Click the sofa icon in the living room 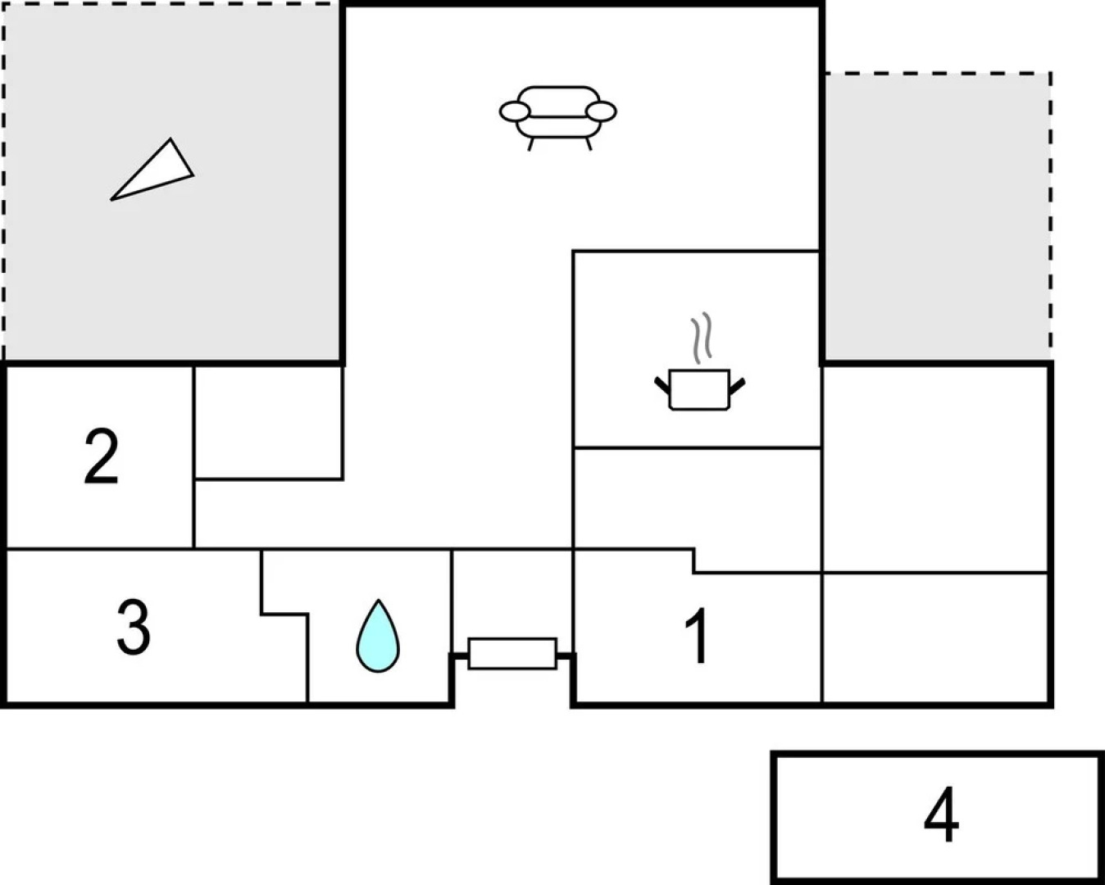click(558, 115)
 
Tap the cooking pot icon click(699, 388)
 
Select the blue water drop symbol click(378, 637)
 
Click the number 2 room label click(101, 456)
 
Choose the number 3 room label click(134, 628)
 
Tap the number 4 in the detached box click(940, 815)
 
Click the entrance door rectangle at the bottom click(512, 654)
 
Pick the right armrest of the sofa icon click(602, 111)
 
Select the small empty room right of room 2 click(269, 422)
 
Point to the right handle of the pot click(737, 383)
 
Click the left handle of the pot click(662, 383)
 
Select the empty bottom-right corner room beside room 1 click(936, 638)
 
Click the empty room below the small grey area click(936, 467)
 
